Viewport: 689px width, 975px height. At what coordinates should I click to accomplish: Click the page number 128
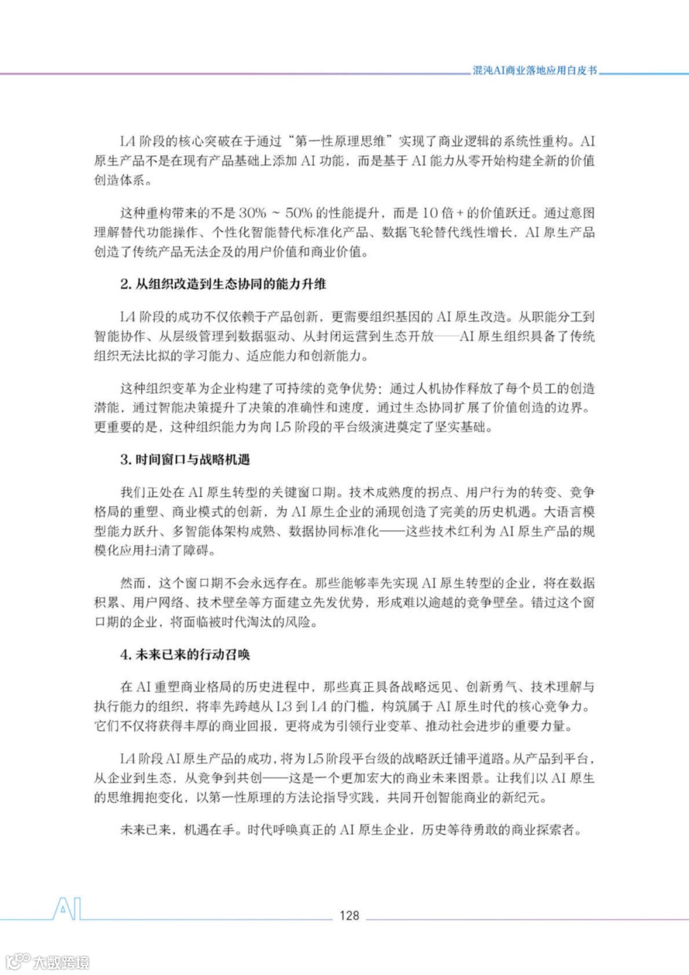(x=349, y=915)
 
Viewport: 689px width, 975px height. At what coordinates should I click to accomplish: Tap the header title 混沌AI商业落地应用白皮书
(x=535, y=70)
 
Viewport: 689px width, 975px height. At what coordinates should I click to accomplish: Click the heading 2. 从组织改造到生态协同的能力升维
(x=223, y=284)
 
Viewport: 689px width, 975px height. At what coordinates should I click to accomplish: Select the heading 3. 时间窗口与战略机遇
(x=185, y=460)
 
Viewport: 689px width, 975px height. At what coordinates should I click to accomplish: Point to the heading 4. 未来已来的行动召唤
(x=185, y=654)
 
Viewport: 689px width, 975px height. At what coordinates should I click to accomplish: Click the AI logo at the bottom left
(x=67, y=909)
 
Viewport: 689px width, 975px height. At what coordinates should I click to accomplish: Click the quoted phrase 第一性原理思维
(x=341, y=141)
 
